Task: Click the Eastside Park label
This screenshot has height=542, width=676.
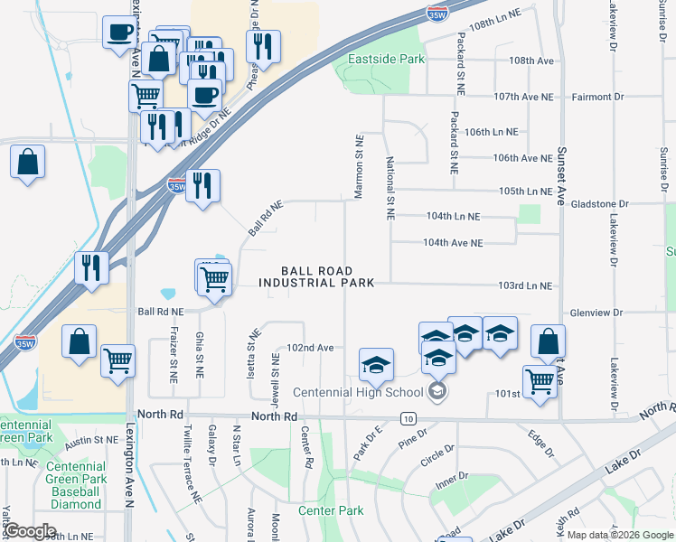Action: tap(386, 60)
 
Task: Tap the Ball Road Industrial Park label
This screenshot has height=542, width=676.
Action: tap(316, 276)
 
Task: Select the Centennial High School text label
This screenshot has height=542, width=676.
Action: tap(358, 392)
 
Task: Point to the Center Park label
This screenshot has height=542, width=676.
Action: tap(331, 510)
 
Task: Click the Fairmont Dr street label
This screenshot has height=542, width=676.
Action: tap(595, 97)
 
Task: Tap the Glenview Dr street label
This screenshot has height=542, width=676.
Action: tap(596, 313)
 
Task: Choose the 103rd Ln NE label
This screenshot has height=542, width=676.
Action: tap(524, 285)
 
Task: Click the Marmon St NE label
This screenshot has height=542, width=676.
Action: tap(359, 168)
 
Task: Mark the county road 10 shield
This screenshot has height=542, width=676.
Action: tap(408, 418)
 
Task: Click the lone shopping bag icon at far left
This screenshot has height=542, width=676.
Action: tap(28, 164)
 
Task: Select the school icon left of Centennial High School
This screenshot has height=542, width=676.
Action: tap(376, 366)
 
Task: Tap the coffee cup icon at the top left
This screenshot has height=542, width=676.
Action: tap(118, 34)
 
